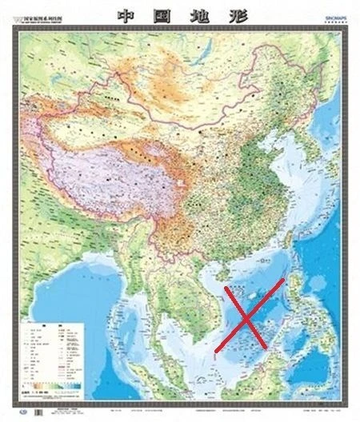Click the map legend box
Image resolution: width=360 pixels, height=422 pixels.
[54, 355]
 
